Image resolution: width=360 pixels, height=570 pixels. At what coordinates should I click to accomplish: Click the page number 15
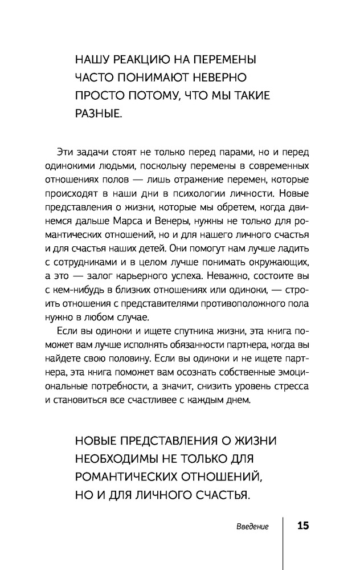click(x=302, y=526)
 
